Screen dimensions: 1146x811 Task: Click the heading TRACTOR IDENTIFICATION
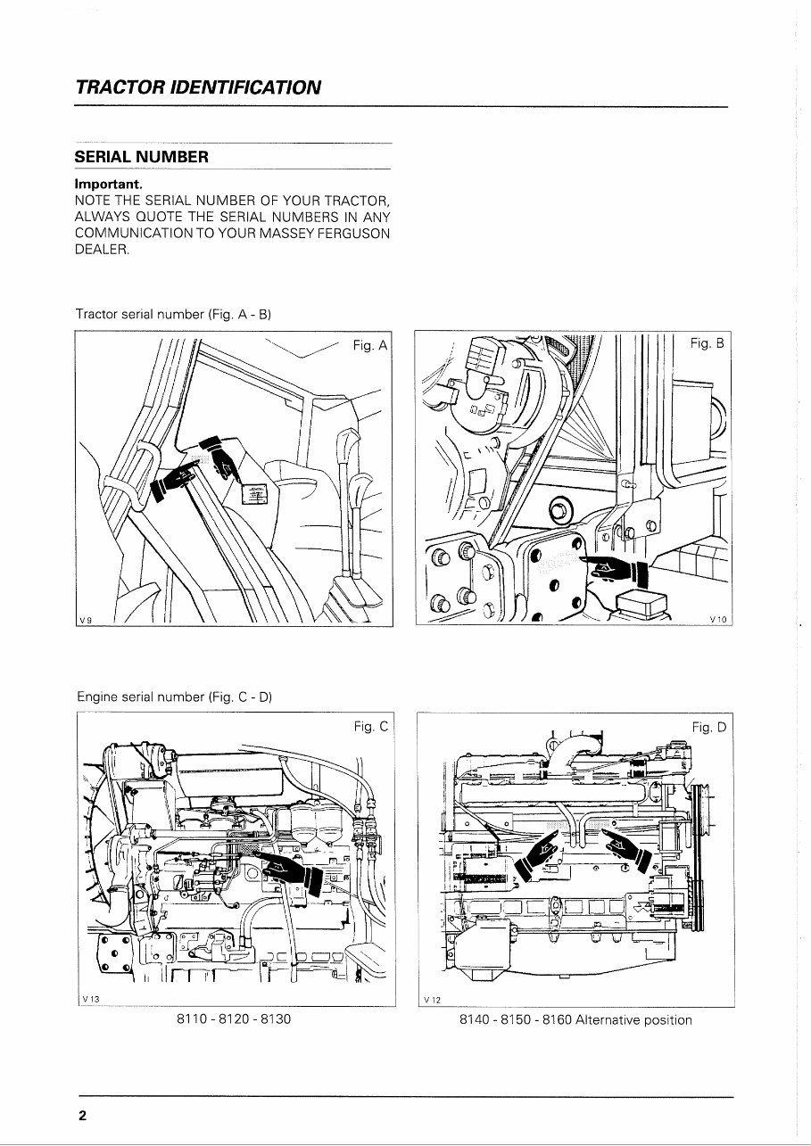click(x=198, y=87)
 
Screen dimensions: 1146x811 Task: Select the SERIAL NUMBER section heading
click(x=141, y=158)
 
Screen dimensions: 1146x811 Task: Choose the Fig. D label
click(x=709, y=729)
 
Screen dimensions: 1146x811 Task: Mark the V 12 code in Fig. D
click(x=434, y=999)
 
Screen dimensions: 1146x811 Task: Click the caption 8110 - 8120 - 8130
click(x=235, y=1019)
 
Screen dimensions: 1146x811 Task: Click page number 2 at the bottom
click(x=82, y=1117)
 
